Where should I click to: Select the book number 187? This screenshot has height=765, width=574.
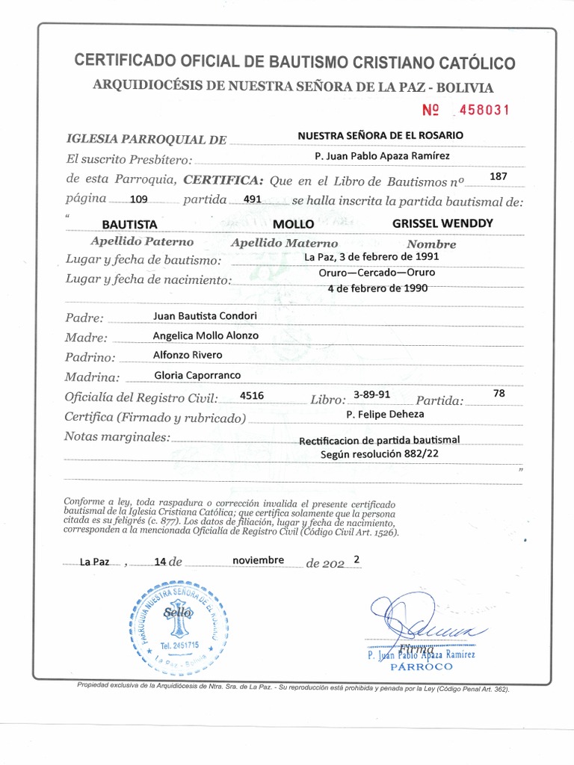[497, 176]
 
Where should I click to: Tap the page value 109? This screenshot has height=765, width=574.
[138, 200]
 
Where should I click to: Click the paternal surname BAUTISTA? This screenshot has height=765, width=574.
[129, 224]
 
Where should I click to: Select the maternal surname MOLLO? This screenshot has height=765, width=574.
[294, 224]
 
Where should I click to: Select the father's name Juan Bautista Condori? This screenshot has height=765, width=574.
[204, 315]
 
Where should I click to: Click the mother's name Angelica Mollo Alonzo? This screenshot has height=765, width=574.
[206, 335]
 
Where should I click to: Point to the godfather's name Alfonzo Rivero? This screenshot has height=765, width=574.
[187, 355]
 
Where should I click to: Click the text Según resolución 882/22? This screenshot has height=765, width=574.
[370, 453]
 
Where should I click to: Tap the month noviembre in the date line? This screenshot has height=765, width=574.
[258, 560]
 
